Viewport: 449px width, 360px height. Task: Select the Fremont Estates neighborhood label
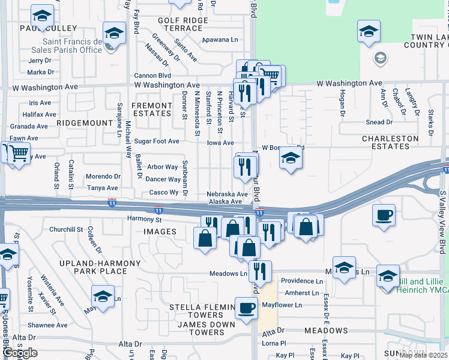(152, 109)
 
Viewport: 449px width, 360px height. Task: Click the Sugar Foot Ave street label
(157, 141)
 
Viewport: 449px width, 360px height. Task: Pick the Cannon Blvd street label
(152, 76)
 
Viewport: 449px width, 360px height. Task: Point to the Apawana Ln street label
(220, 39)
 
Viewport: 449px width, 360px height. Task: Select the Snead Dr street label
(379, 122)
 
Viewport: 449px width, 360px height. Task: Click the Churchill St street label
(66, 229)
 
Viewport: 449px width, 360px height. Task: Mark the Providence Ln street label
(301, 281)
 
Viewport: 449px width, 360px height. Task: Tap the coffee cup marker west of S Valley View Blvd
(384, 214)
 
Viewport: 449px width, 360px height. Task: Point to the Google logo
(19, 353)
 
